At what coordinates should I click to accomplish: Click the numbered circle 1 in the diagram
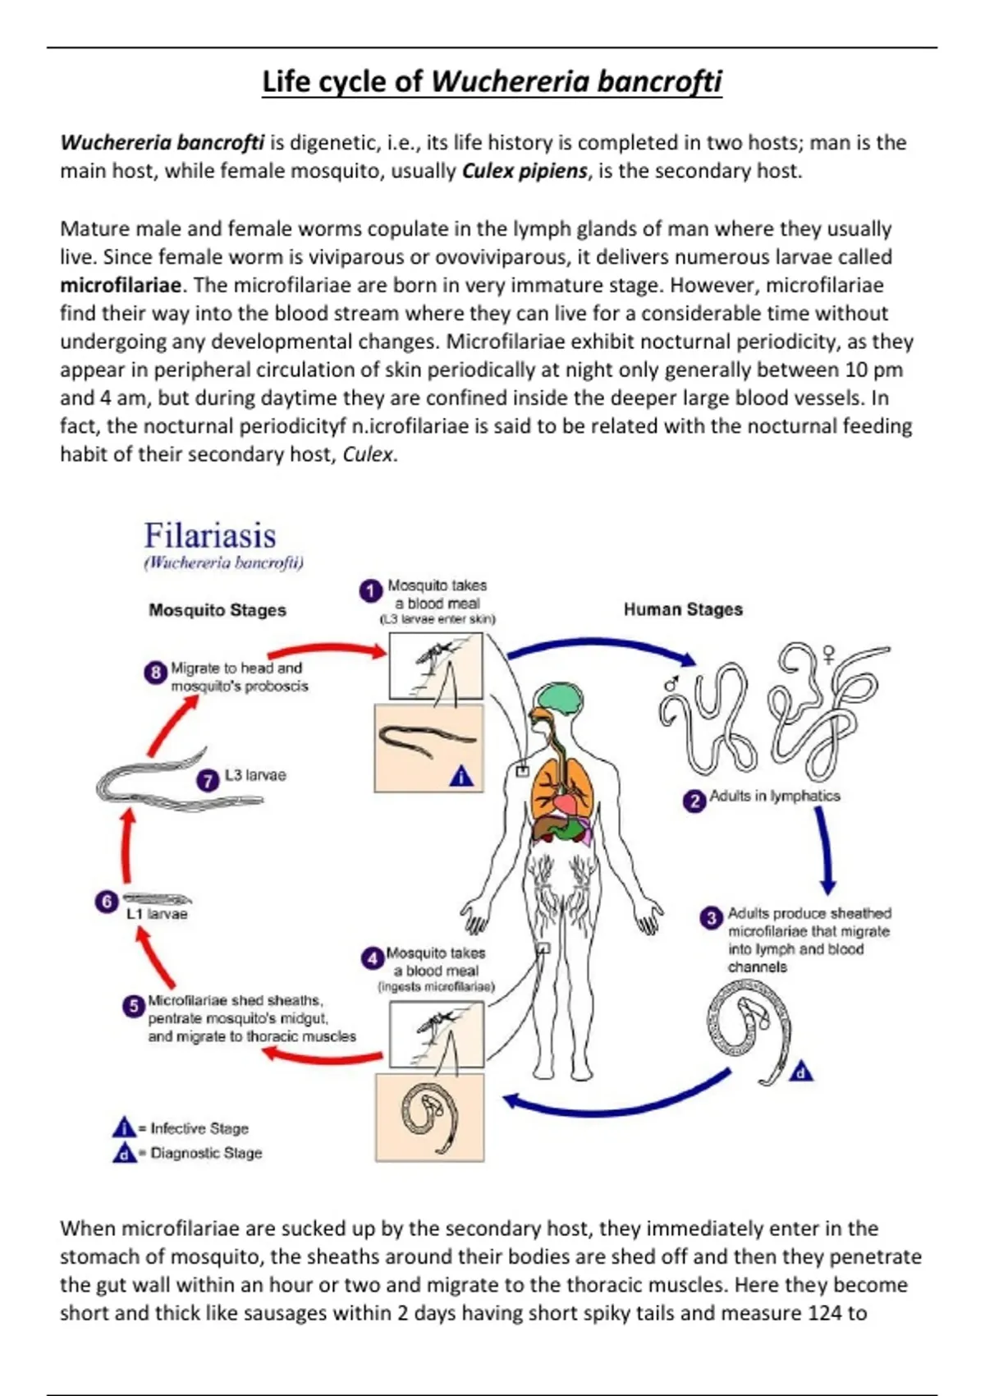click(370, 590)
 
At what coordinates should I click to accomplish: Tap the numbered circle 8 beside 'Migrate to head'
click(155, 673)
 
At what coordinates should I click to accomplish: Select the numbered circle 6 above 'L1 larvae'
click(106, 902)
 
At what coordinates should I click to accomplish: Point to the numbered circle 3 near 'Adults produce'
click(711, 917)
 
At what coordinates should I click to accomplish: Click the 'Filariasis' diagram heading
click(210, 535)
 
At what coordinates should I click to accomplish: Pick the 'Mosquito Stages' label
click(218, 610)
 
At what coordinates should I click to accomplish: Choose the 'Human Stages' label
click(683, 609)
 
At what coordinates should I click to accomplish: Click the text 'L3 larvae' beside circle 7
click(255, 775)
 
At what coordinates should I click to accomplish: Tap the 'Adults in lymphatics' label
click(775, 796)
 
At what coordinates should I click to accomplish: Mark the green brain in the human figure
click(554, 696)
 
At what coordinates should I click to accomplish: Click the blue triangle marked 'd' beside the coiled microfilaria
click(801, 1072)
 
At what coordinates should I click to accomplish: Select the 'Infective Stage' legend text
click(199, 1128)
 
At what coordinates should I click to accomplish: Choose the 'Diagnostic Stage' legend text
click(206, 1153)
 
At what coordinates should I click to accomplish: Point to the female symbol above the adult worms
click(829, 654)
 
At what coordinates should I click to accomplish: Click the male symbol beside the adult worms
click(671, 683)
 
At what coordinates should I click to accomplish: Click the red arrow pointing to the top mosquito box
click(328, 648)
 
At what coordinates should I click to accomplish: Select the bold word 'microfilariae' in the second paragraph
click(121, 285)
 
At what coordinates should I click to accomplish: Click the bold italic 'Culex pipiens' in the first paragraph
click(525, 171)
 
